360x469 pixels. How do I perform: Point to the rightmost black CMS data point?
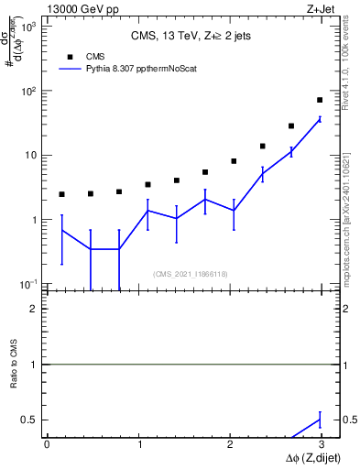coord(320,100)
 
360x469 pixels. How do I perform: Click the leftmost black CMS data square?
coord(61,194)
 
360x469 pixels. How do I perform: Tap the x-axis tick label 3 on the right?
coord(322,444)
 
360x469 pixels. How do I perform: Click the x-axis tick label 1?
coord(139,444)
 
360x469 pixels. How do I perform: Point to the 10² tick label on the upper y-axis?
coord(27,91)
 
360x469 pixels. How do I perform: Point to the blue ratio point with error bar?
coord(320,420)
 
